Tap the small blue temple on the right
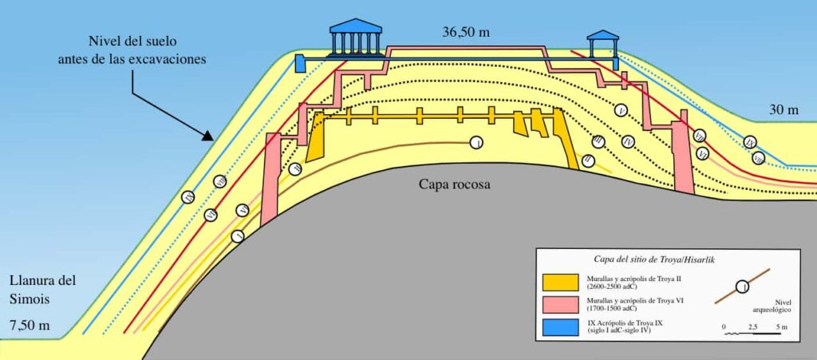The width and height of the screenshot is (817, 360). tap(602, 45)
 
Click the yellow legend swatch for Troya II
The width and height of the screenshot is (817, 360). tap(562, 282)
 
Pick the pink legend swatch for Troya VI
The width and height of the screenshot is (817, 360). tap(562, 303)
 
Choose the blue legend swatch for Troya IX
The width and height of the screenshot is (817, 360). tap(562, 326)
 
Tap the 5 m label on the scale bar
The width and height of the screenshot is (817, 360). tap(783, 327)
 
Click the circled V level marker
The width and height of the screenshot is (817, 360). tap(622, 109)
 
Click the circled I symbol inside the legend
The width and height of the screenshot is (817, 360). tap(742, 286)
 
